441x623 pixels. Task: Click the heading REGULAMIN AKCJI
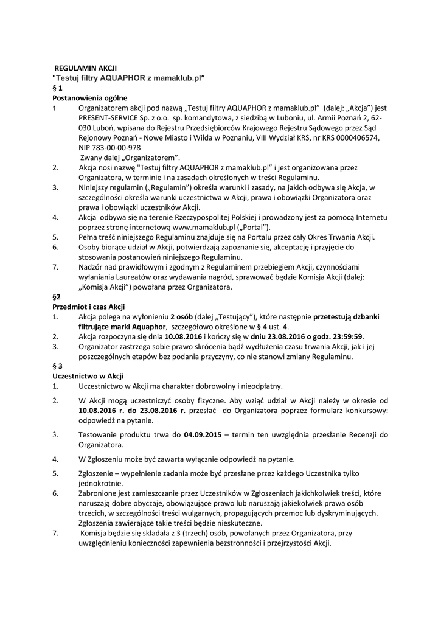coord(86,68)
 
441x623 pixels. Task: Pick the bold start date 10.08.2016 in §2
coord(183,336)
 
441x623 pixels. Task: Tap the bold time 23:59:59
coord(347,336)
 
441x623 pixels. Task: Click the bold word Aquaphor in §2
coord(144,327)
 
